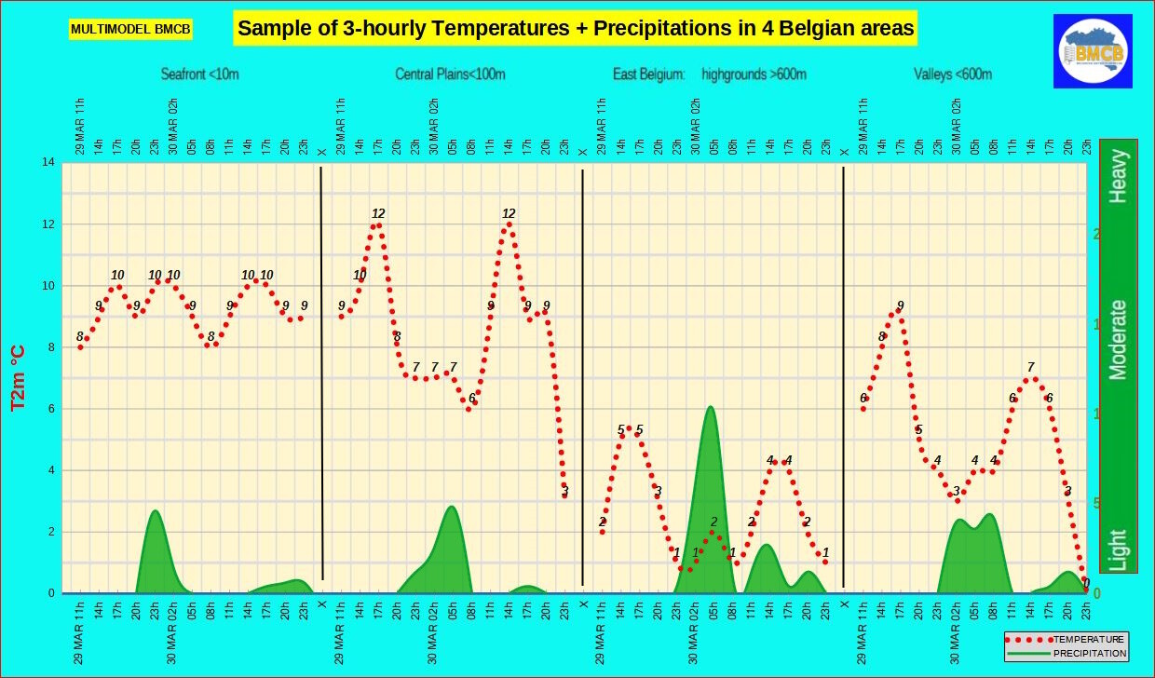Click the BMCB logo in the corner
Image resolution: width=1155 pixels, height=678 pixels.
coord(1093,51)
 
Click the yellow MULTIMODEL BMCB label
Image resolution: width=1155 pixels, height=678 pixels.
coord(130,30)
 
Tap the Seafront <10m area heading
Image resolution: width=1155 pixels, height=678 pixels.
coord(199,75)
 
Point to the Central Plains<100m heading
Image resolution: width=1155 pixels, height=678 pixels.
coord(450,75)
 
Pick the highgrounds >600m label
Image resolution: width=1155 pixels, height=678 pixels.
coord(754,75)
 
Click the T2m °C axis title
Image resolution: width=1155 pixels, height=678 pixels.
coord(18,377)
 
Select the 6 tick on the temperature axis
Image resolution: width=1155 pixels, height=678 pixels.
coord(50,409)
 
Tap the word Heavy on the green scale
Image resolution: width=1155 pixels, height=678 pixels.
coord(1118,176)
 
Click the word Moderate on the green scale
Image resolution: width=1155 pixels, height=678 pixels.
coord(1118,340)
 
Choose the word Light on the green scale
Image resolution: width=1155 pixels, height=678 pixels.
coord(1118,549)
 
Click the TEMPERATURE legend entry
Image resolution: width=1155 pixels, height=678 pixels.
coord(1088,640)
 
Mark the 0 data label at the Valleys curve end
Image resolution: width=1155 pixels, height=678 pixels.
coord(1086,583)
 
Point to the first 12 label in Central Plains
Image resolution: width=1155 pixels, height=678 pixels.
coord(378,213)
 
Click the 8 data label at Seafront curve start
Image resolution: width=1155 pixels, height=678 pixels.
coord(80,336)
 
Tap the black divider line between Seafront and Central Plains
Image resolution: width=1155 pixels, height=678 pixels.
coord(321,373)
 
